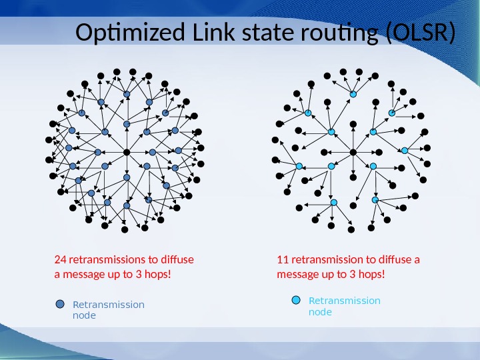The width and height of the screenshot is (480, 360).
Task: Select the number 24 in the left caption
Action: point(59,259)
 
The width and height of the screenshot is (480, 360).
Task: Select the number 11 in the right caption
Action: point(282,259)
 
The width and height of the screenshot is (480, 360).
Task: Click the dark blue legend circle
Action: point(61,305)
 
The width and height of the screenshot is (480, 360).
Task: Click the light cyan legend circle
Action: point(297,300)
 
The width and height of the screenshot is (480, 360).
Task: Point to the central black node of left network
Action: point(127,152)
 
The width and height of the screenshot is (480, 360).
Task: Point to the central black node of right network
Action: point(353,152)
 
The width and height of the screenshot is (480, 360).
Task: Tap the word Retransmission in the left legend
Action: point(108,305)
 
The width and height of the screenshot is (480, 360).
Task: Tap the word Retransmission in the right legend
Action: point(344,301)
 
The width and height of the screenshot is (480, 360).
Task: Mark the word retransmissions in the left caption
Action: point(104,259)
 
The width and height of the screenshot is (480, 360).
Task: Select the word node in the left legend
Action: point(83,315)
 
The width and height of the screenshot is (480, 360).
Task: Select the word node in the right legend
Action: point(320,311)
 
